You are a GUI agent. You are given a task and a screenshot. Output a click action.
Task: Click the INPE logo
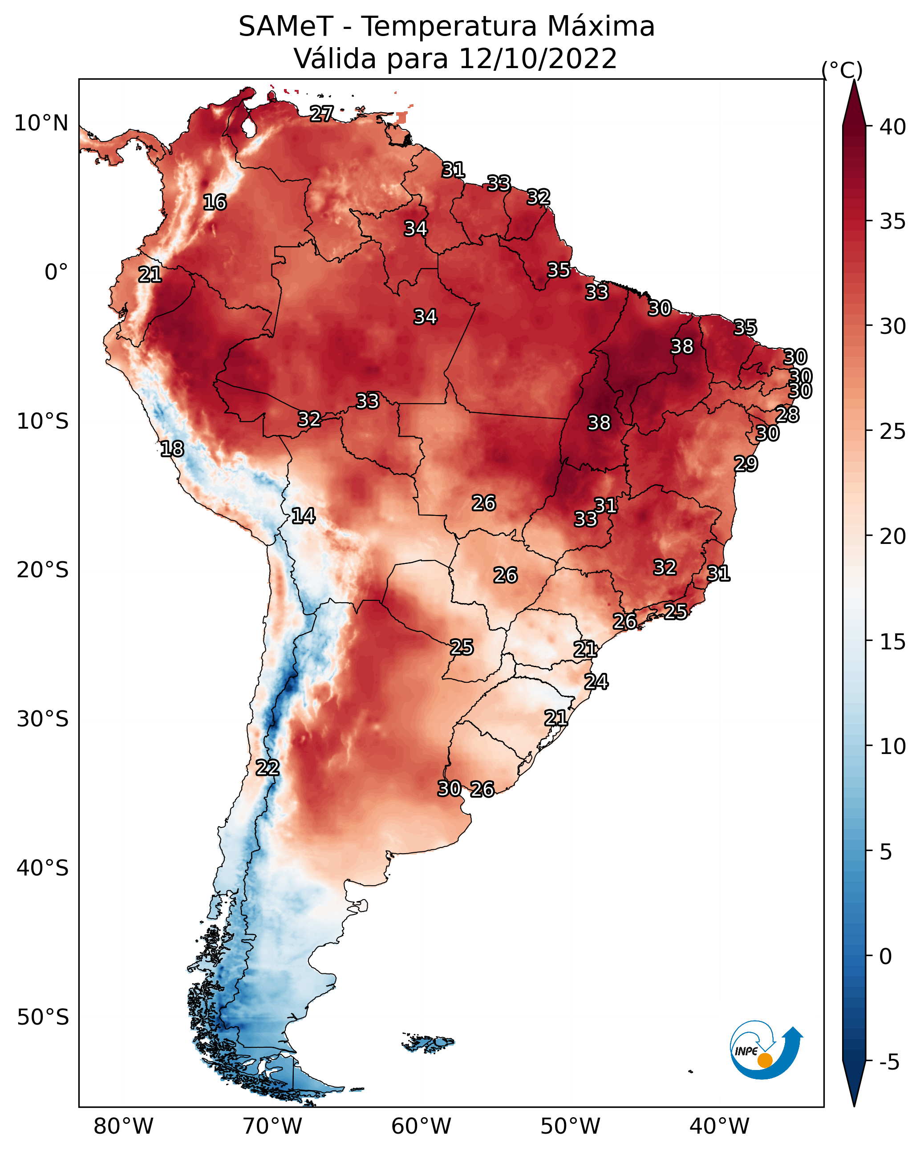pos(766,1051)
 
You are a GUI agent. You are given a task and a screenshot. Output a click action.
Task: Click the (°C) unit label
pos(842,70)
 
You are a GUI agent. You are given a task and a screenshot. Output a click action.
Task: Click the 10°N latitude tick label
pos(41,123)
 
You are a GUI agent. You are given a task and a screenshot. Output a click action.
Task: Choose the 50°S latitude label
pos(43,1017)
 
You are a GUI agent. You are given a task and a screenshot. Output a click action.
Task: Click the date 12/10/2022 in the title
pos(538,59)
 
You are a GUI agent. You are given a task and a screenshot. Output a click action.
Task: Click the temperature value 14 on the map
pos(303,516)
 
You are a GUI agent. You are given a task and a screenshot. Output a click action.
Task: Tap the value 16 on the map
pos(215,203)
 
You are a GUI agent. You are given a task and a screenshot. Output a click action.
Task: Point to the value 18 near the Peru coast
pos(172,449)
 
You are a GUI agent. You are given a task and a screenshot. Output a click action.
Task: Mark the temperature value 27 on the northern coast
pos(322,113)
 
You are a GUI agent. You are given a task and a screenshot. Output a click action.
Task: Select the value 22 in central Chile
pos(267,768)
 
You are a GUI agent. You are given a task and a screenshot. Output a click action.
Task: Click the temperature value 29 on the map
pos(746,463)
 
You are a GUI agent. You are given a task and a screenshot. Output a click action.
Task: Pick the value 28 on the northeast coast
pos(787,414)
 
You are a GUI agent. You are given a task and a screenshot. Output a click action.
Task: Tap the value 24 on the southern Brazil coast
pos(596,682)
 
